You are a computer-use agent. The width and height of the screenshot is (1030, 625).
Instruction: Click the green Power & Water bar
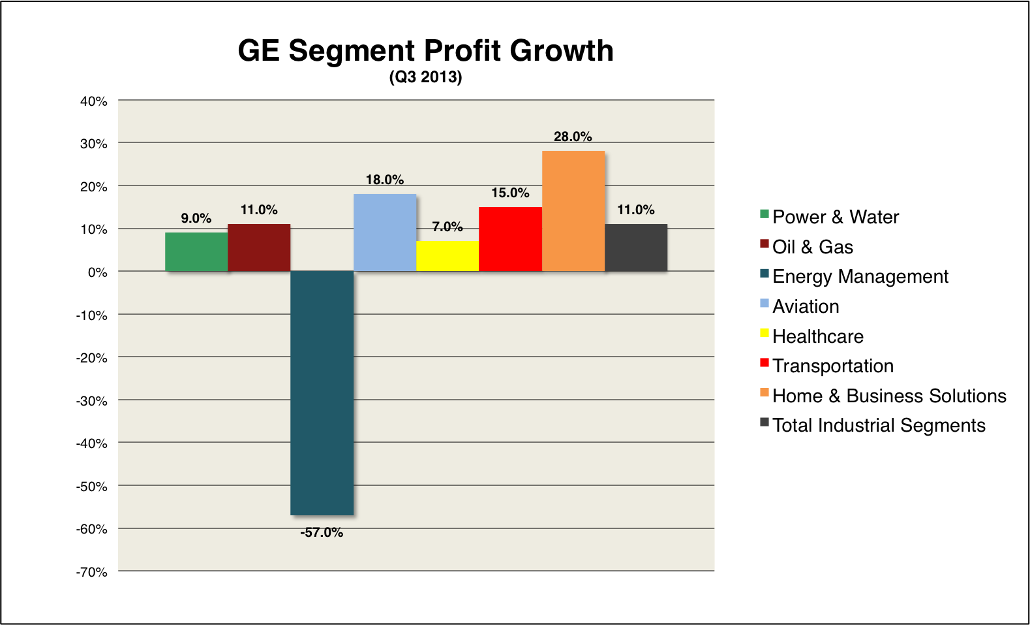coord(196,252)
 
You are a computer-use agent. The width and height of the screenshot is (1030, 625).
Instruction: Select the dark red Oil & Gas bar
coord(259,248)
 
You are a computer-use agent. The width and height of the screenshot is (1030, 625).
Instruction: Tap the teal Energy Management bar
coord(322,393)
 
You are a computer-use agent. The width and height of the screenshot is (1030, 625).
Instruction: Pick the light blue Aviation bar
coord(385,232)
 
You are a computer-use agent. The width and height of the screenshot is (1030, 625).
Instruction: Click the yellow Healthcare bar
coord(447,256)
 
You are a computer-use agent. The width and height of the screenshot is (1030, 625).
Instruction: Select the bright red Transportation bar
coord(510,239)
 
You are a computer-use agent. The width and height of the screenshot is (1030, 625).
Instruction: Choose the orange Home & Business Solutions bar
coord(573,211)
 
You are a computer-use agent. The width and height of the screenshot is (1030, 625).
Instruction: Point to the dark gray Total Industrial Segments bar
coord(636,248)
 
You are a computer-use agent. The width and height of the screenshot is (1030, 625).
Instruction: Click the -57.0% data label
coord(322,533)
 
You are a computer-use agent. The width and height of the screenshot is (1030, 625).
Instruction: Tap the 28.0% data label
coord(573,136)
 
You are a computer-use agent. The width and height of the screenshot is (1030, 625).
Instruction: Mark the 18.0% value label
coord(385,180)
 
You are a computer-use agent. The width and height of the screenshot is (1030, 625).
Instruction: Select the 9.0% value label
coord(196,218)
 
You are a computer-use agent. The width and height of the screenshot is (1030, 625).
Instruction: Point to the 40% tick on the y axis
coord(94,101)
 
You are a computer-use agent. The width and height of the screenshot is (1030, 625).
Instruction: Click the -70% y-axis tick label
coord(92,572)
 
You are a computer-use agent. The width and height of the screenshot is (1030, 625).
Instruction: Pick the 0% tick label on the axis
coord(98,272)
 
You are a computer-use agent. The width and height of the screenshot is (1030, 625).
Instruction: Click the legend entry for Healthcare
coord(818,336)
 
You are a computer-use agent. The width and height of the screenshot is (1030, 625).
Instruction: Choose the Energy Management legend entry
coord(860,276)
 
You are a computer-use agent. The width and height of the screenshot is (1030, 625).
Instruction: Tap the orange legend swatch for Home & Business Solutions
coord(765,393)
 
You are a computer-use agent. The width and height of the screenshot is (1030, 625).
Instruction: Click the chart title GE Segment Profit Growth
coord(425,51)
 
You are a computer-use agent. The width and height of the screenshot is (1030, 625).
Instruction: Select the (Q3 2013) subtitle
coord(425,77)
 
